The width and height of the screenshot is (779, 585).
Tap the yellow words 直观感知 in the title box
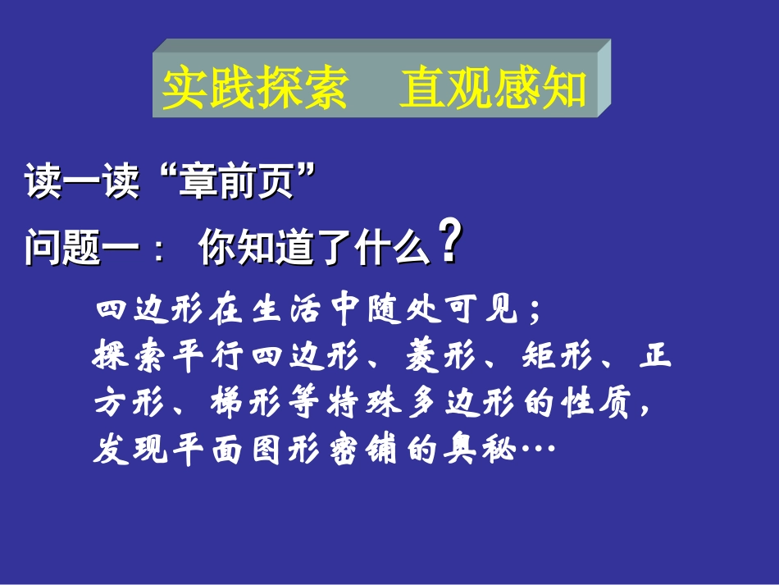point(493,89)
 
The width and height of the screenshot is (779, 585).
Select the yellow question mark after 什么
point(448,240)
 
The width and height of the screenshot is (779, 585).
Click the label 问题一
point(73,248)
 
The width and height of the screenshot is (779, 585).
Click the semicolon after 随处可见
point(534,313)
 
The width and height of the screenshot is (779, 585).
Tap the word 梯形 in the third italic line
point(248,403)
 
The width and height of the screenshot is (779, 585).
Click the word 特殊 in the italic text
point(365,403)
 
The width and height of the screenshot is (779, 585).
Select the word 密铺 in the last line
point(365,450)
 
